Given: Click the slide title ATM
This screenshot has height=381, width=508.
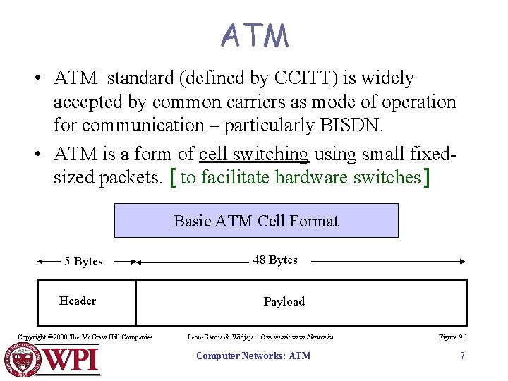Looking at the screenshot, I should pyautogui.click(x=254, y=35).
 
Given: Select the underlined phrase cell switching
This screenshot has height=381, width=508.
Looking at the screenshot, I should pyautogui.click(x=254, y=154).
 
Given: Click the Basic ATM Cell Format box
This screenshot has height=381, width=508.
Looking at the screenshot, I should pyautogui.click(x=256, y=221).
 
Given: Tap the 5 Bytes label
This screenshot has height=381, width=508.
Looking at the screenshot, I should pyautogui.click(x=83, y=262).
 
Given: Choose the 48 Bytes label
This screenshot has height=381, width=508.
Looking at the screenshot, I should pyautogui.click(x=275, y=260).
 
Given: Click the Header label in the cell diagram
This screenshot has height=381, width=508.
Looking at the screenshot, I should pyautogui.click(x=78, y=301).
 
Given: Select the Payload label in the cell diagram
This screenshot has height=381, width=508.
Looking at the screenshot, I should pyautogui.click(x=284, y=302).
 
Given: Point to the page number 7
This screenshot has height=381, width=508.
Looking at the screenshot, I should pyautogui.click(x=462, y=356).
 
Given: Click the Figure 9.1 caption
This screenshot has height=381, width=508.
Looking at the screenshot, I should pyautogui.click(x=452, y=337).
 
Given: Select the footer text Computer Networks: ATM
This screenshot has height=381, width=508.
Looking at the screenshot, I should pyautogui.click(x=253, y=356).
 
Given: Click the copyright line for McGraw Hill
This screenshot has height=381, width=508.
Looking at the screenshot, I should pyautogui.click(x=85, y=337).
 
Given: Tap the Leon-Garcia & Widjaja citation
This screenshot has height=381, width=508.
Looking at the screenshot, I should pyautogui.click(x=260, y=337).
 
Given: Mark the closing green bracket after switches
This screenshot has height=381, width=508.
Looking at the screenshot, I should pyautogui.click(x=425, y=178).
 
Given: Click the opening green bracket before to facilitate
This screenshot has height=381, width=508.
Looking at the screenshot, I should pyautogui.click(x=174, y=178).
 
